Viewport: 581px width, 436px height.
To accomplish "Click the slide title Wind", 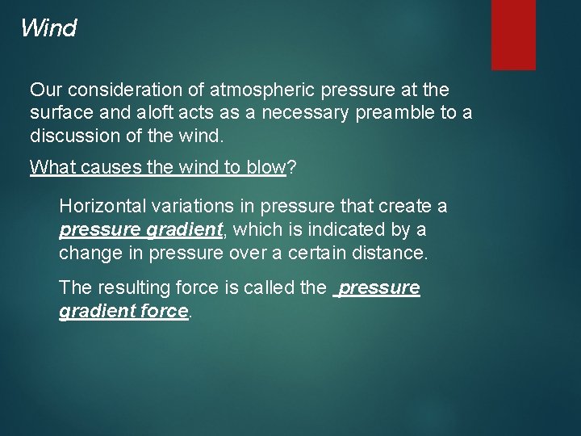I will [48, 28].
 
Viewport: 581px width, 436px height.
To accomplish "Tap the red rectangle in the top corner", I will [513, 34].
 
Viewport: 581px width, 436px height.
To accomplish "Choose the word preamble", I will [395, 112].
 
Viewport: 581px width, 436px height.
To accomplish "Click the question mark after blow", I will [291, 167].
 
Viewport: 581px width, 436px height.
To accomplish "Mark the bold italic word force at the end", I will [161, 310].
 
